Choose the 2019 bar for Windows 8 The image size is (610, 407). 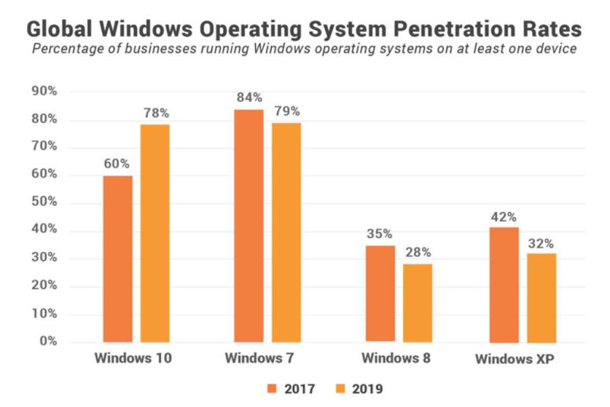point(417,303)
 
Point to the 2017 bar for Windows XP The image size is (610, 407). point(504,284)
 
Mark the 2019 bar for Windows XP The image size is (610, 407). point(541,298)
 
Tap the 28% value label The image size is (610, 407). point(418,252)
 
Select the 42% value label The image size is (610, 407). point(504,217)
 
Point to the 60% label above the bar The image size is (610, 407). point(117,164)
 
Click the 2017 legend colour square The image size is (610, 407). point(271,389)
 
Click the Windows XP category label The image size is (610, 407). point(514,359)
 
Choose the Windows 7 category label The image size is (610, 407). point(259,358)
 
